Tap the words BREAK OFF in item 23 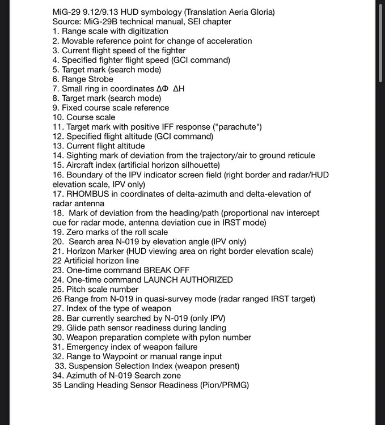(x=168, y=270)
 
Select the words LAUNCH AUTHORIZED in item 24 (x=187, y=280)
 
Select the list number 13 (x=57, y=146)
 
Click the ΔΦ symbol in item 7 (x=163, y=89)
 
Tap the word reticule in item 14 (x=299, y=156)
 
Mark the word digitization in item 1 (x=144, y=31)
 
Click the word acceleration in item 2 (x=226, y=41)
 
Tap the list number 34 (x=57, y=376)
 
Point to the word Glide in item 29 (x=78, y=328)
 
